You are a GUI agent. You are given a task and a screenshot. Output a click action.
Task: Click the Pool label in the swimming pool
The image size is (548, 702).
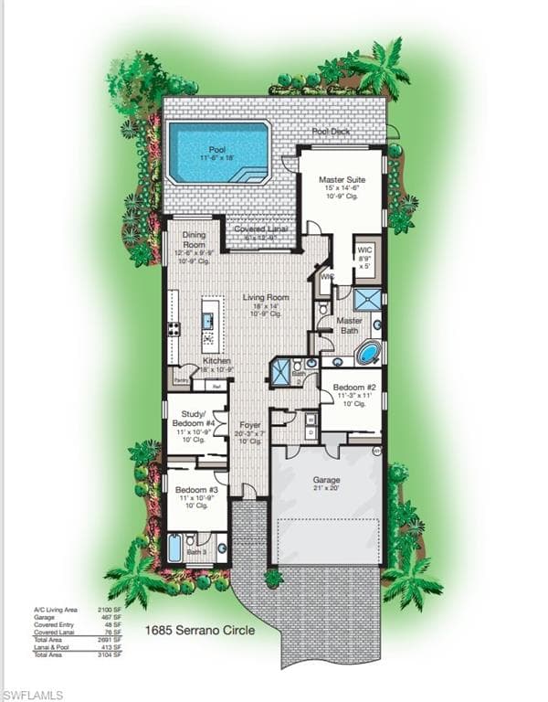click(x=217, y=149)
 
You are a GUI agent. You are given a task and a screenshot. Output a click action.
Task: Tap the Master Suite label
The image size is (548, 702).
click(x=342, y=180)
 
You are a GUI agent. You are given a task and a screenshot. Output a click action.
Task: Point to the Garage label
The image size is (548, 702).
click(x=326, y=479)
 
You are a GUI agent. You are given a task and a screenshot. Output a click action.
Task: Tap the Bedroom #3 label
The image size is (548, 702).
click(x=195, y=490)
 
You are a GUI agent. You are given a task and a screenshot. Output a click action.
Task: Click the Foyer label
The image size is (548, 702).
click(x=249, y=426)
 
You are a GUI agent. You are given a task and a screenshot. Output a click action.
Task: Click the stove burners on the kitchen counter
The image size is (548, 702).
click(x=173, y=329)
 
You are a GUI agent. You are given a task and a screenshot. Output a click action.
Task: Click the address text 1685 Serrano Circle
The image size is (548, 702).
click(x=200, y=630)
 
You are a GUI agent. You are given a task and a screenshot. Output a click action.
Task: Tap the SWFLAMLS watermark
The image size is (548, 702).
click(x=33, y=695)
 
